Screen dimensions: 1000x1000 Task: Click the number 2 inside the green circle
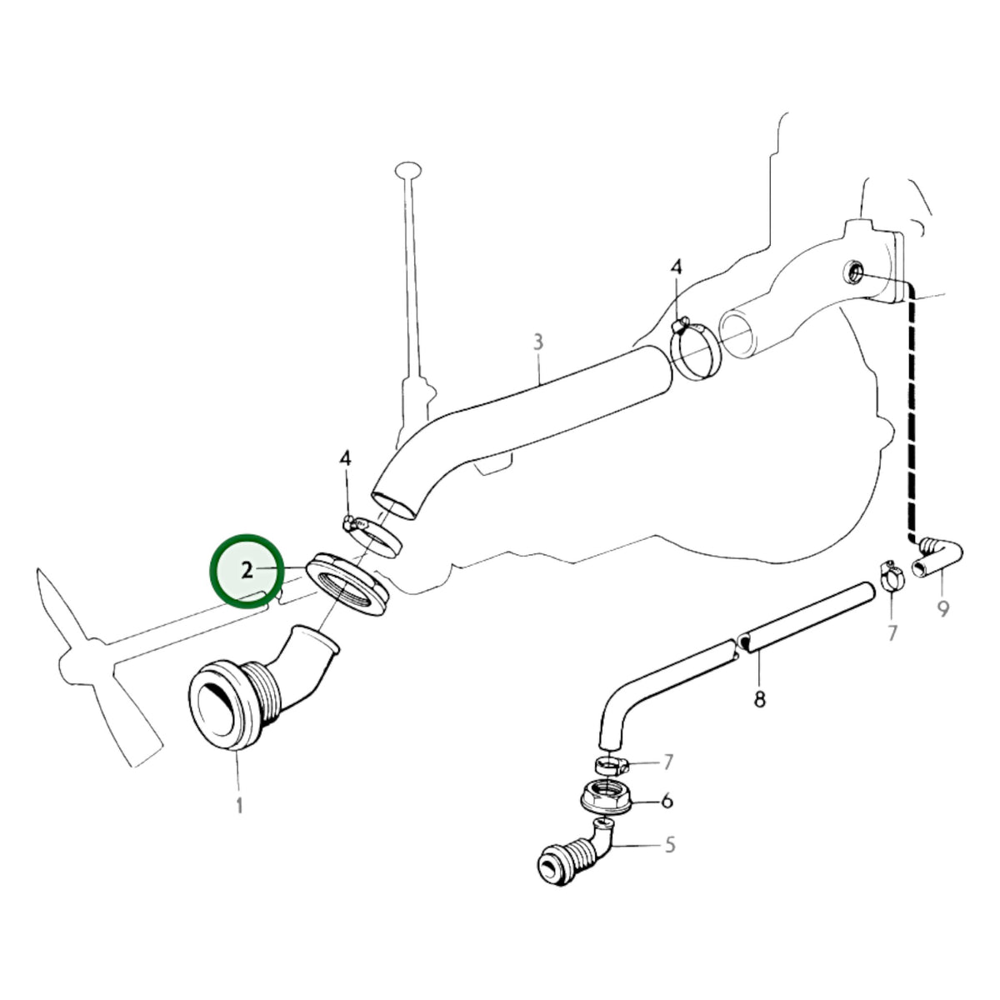point(247,570)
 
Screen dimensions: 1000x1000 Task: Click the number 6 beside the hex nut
point(667,801)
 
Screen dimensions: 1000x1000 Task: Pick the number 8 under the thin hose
point(759,700)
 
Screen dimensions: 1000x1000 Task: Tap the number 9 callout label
point(943,608)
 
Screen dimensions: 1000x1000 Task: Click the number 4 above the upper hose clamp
point(676,267)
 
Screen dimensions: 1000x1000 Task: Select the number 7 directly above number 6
point(667,762)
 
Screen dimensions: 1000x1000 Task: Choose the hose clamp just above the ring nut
point(372,536)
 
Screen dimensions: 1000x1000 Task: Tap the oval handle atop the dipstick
point(408,170)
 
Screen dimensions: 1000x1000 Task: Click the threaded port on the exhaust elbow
point(853,272)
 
